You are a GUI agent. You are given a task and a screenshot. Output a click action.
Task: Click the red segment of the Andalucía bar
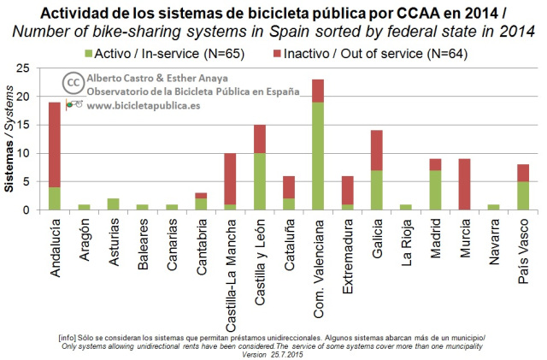(55, 145)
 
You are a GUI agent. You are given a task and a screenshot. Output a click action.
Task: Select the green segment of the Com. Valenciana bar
(318, 156)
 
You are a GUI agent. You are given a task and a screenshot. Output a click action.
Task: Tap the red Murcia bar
(465, 185)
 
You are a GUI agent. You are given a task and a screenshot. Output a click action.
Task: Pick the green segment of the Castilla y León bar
(260, 181)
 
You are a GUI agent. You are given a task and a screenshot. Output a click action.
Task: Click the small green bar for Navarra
(494, 208)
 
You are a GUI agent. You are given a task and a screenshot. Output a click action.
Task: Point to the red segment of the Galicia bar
(377, 150)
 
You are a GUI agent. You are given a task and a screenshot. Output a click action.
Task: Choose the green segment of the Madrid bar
(435, 191)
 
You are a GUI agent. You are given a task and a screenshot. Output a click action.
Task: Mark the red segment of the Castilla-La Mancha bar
(230, 179)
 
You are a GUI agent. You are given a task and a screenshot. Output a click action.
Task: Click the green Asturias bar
(114, 204)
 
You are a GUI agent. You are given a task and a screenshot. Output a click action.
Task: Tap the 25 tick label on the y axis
(23, 68)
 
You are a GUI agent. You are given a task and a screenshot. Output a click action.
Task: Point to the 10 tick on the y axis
(23, 153)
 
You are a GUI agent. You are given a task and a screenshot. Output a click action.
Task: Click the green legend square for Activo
(89, 54)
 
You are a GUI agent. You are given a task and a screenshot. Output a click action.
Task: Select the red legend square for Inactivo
(277, 54)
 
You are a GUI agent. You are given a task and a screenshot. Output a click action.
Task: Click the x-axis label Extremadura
(348, 257)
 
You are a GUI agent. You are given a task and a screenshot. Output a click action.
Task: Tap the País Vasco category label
(523, 251)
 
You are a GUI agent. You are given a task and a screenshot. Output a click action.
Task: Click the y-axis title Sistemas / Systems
(9, 139)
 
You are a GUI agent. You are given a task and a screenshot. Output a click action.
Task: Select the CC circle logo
(74, 83)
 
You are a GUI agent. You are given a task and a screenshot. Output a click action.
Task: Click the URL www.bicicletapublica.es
(144, 105)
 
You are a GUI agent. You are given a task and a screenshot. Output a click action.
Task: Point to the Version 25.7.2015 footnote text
(273, 355)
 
